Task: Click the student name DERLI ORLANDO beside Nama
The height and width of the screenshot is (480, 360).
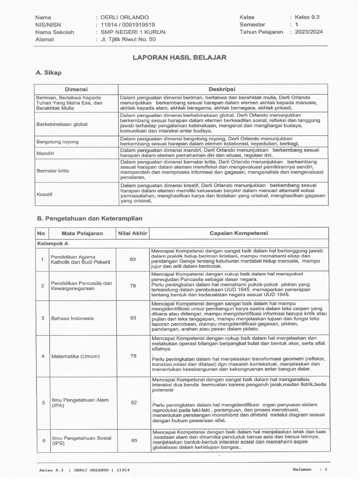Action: click(123, 17)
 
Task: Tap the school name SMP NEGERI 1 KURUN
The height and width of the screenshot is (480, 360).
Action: click(133, 32)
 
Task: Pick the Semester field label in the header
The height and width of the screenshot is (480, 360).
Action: click(252, 25)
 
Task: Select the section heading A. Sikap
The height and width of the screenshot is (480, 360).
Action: click(48, 73)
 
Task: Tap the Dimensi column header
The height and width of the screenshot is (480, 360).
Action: click(76, 89)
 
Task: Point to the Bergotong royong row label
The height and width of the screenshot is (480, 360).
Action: click(57, 141)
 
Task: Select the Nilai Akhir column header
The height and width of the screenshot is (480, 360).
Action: click(133, 233)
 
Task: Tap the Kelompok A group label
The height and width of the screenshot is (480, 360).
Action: click(52, 244)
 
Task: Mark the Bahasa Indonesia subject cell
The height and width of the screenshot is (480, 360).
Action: click(73, 318)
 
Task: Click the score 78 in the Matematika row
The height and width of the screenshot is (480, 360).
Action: click(133, 356)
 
